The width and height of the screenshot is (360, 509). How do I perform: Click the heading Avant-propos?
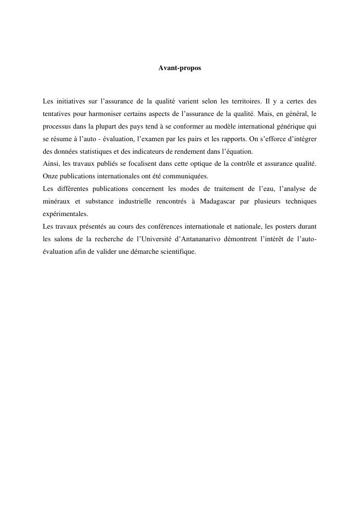(x=179, y=69)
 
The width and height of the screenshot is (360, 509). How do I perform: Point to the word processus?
(x=56, y=127)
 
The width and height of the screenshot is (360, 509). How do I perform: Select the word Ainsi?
(x=50, y=164)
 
